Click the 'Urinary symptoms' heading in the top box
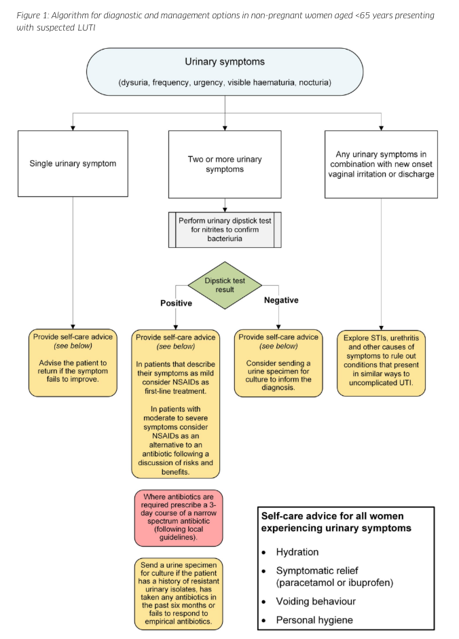coord(225,62)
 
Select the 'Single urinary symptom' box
coord(73,164)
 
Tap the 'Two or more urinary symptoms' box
coord(224,164)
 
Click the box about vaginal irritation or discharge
coord(380,164)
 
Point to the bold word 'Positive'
coord(176,303)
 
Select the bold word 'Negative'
coord(281,300)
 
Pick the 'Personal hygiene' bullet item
coord(314,620)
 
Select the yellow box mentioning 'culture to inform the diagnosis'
coord(278,363)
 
